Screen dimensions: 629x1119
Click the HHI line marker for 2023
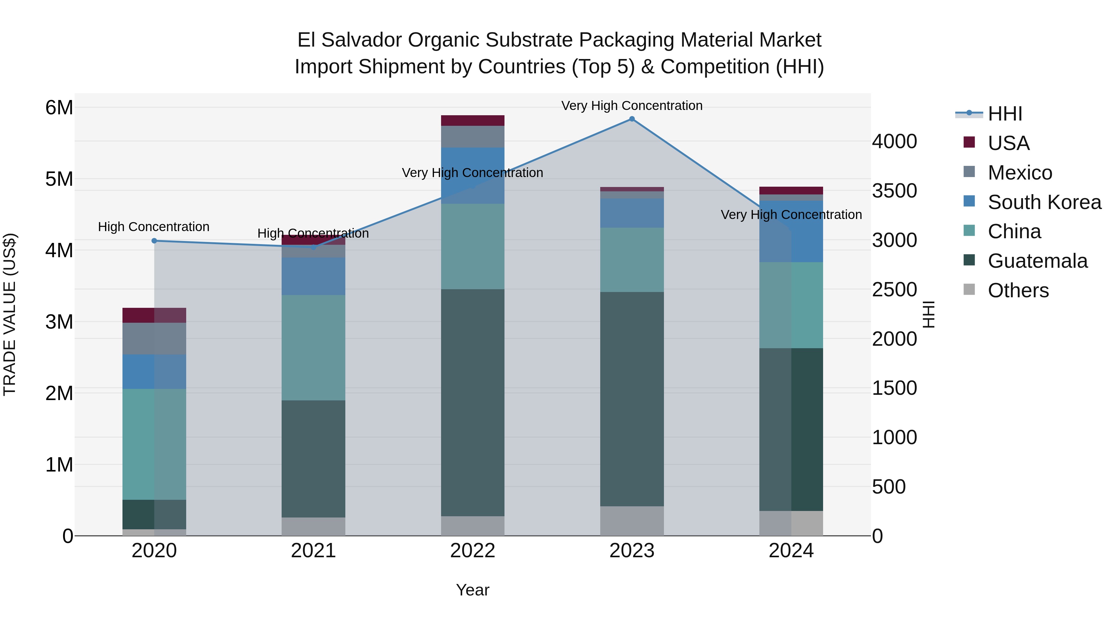[632, 119]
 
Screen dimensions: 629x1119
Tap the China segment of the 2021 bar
[313, 347]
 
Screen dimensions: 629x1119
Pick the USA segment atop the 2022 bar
[472, 120]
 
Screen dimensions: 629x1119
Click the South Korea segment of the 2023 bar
[632, 213]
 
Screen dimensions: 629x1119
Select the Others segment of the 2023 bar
[632, 521]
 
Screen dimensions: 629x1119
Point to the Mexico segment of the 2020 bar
[154, 338]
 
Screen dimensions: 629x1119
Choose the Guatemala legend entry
[1037, 261]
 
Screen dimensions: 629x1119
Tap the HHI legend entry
[1004, 114]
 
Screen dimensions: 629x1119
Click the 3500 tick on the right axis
[894, 191]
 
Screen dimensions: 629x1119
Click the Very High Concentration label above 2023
[632, 106]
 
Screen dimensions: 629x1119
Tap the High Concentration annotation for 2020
[154, 227]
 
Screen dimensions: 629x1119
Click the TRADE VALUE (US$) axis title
[10, 314]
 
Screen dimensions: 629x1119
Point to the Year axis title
[472, 590]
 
